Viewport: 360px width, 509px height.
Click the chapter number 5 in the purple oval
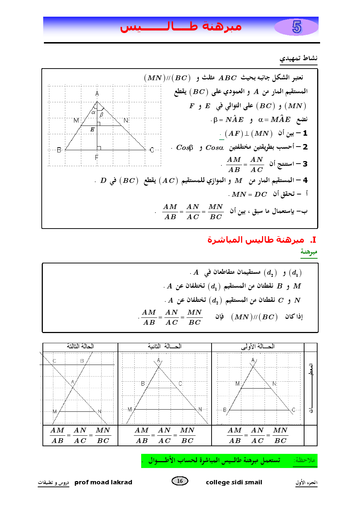(x=296, y=27)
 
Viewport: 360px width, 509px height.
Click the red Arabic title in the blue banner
(x=181, y=26)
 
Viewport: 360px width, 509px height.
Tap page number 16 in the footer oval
(x=180, y=481)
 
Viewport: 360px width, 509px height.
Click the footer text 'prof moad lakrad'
(x=103, y=482)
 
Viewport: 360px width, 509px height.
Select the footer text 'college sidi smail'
(x=234, y=482)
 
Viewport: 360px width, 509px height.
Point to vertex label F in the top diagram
(x=97, y=157)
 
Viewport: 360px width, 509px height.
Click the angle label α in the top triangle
(x=93, y=112)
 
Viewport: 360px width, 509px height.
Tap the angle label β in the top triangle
(x=102, y=115)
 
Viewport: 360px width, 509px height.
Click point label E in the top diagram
(x=92, y=130)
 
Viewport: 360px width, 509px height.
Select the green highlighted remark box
(x=229, y=461)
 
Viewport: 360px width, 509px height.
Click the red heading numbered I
(x=261, y=240)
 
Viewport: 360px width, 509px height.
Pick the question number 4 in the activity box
(x=305, y=180)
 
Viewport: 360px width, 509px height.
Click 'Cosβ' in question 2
(x=184, y=148)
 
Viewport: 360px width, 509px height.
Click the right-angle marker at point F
(x=99, y=148)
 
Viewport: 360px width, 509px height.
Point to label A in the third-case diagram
(x=73, y=382)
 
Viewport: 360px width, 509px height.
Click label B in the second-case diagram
(x=143, y=383)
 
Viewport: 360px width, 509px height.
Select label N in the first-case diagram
(x=274, y=383)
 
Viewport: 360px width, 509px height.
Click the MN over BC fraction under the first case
(x=280, y=435)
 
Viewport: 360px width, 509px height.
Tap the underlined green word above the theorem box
(x=309, y=252)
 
